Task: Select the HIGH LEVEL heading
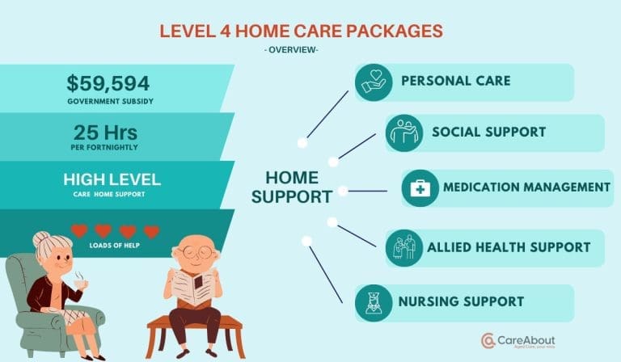[x=112, y=179]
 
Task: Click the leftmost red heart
[x=78, y=231]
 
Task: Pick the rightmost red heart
[x=151, y=231]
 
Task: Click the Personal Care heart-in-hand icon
[x=373, y=82]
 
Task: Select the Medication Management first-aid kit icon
[x=420, y=187]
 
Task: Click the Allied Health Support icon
[x=403, y=246]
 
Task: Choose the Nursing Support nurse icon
[x=373, y=302]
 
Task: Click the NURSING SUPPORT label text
[x=461, y=302]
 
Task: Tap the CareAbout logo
[x=519, y=340]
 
